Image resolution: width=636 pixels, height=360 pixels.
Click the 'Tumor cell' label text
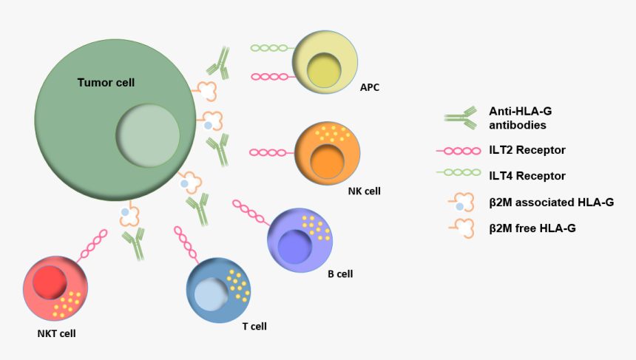[x=106, y=83]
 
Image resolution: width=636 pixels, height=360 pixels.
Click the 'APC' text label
[x=370, y=88]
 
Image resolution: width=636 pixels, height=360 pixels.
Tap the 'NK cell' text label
[x=364, y=191]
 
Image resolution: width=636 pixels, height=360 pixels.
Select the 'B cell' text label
[x=340, y=274]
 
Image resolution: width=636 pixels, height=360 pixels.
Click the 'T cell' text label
[x=254, y=326]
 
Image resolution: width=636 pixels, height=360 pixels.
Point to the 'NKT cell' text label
[x=56, y=333]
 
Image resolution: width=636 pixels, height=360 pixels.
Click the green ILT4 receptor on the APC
[x=271, y=48]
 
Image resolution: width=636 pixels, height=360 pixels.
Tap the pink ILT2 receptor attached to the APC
[x=271, y=76]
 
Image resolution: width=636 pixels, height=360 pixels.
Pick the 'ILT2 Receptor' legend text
[x=527, y=150]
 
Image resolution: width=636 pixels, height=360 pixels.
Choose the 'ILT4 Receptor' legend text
[x=527, y=176]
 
